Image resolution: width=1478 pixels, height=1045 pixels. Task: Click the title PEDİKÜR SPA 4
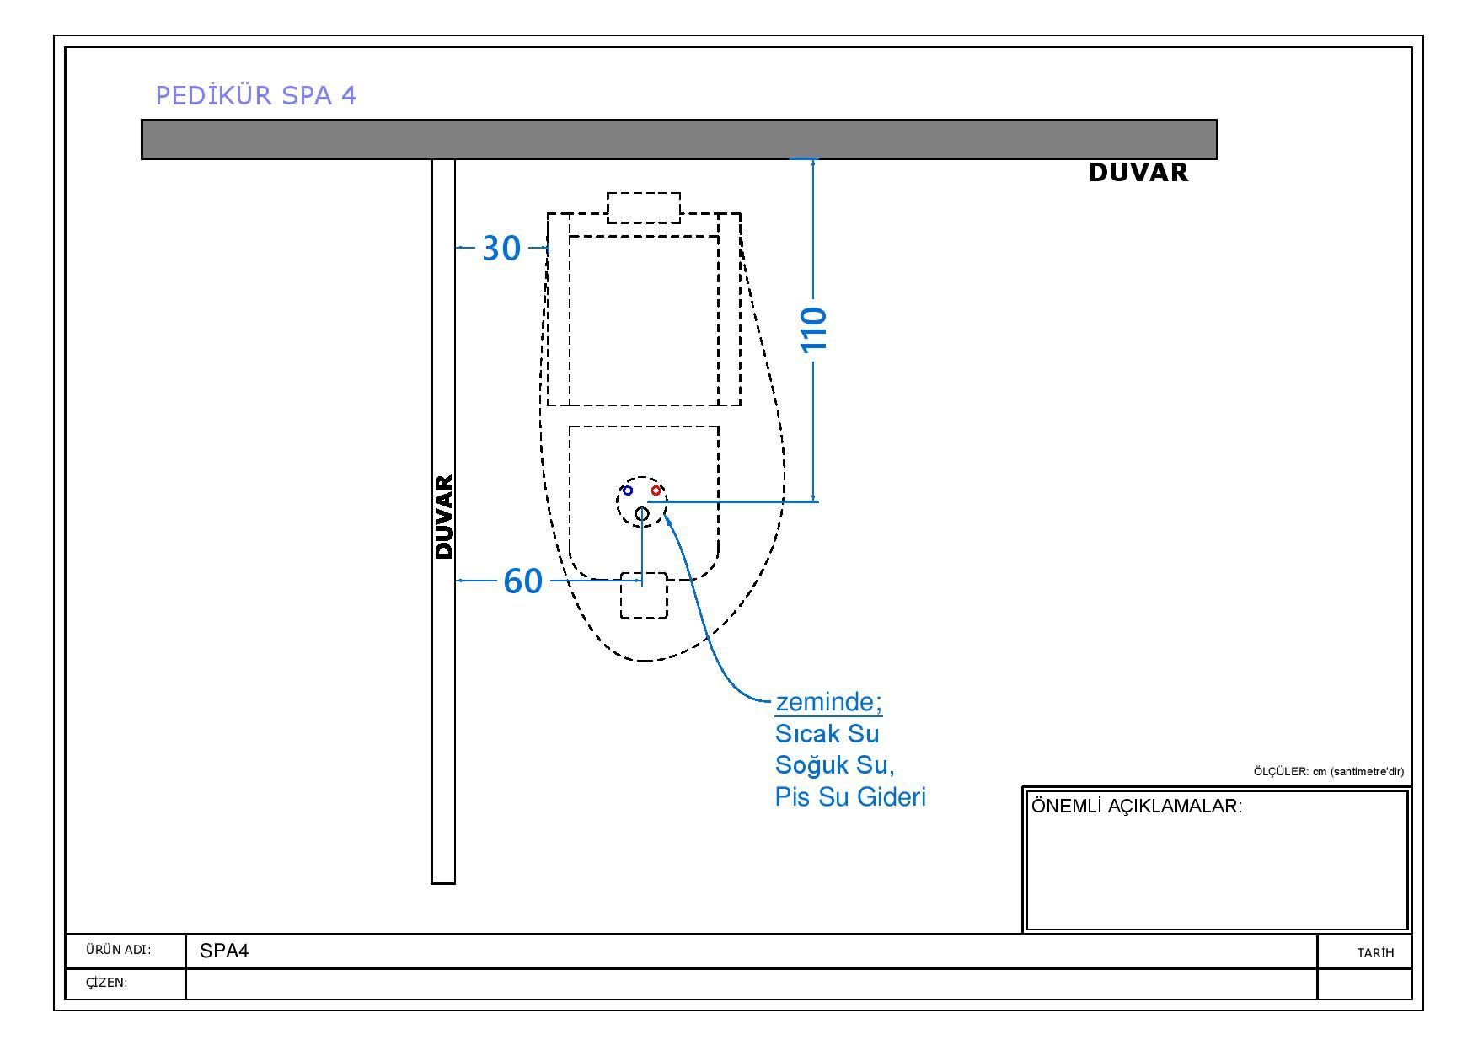(x=256, y=95)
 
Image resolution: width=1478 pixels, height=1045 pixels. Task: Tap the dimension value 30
(x=501, y=249)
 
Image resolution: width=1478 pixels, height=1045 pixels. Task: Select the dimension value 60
(x=522, y=581)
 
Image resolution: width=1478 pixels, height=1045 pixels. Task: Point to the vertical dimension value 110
(x=814, y=329)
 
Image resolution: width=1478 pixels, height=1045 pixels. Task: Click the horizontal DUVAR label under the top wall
(x=1138, y=173)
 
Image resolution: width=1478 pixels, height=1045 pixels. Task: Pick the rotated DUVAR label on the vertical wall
(x=444, y=517)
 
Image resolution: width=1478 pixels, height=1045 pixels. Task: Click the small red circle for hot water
(x=656, y=490)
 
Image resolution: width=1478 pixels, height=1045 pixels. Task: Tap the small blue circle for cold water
(x=627, y=490)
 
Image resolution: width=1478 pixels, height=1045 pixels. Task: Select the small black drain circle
(x=642, y=513)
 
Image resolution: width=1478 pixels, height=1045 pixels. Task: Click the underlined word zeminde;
(x=828, y=702)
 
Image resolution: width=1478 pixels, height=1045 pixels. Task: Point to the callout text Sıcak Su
(x=827, y=734)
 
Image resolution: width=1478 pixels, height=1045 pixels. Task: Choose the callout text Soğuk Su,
(x=834, y=765)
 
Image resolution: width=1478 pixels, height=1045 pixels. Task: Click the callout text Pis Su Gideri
(x=850, y=797)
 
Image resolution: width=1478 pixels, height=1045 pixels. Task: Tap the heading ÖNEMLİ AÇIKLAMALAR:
(x=1137, y=807)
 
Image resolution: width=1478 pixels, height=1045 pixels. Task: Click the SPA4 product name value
(x=224, y=951)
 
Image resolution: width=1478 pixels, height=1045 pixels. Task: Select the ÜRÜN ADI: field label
(x=118, y=951)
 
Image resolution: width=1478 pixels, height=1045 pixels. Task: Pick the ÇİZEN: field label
(x=106, y=983)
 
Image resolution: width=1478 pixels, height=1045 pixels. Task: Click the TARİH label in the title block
(x=1375, y=953)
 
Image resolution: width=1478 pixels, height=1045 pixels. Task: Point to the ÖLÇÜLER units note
(x=1328, y=772)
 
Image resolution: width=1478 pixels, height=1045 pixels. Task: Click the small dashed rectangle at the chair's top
(x=644, y=207)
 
